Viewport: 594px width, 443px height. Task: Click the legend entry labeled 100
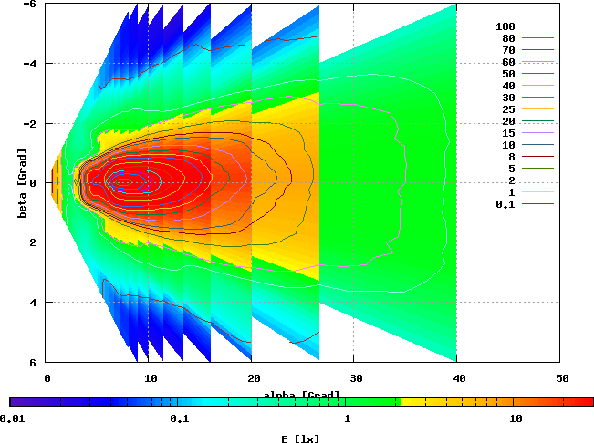(505, 26)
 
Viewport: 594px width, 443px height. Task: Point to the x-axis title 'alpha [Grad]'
(302, 396)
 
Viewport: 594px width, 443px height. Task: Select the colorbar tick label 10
(516, 418)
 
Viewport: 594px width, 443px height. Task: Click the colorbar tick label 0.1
(179, 418)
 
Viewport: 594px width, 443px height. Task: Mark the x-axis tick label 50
(562, 377)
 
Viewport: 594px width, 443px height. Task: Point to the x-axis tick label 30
(356, 377)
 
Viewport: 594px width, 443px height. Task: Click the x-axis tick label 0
(47, 377)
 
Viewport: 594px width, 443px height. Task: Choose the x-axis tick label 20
(253, 377)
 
